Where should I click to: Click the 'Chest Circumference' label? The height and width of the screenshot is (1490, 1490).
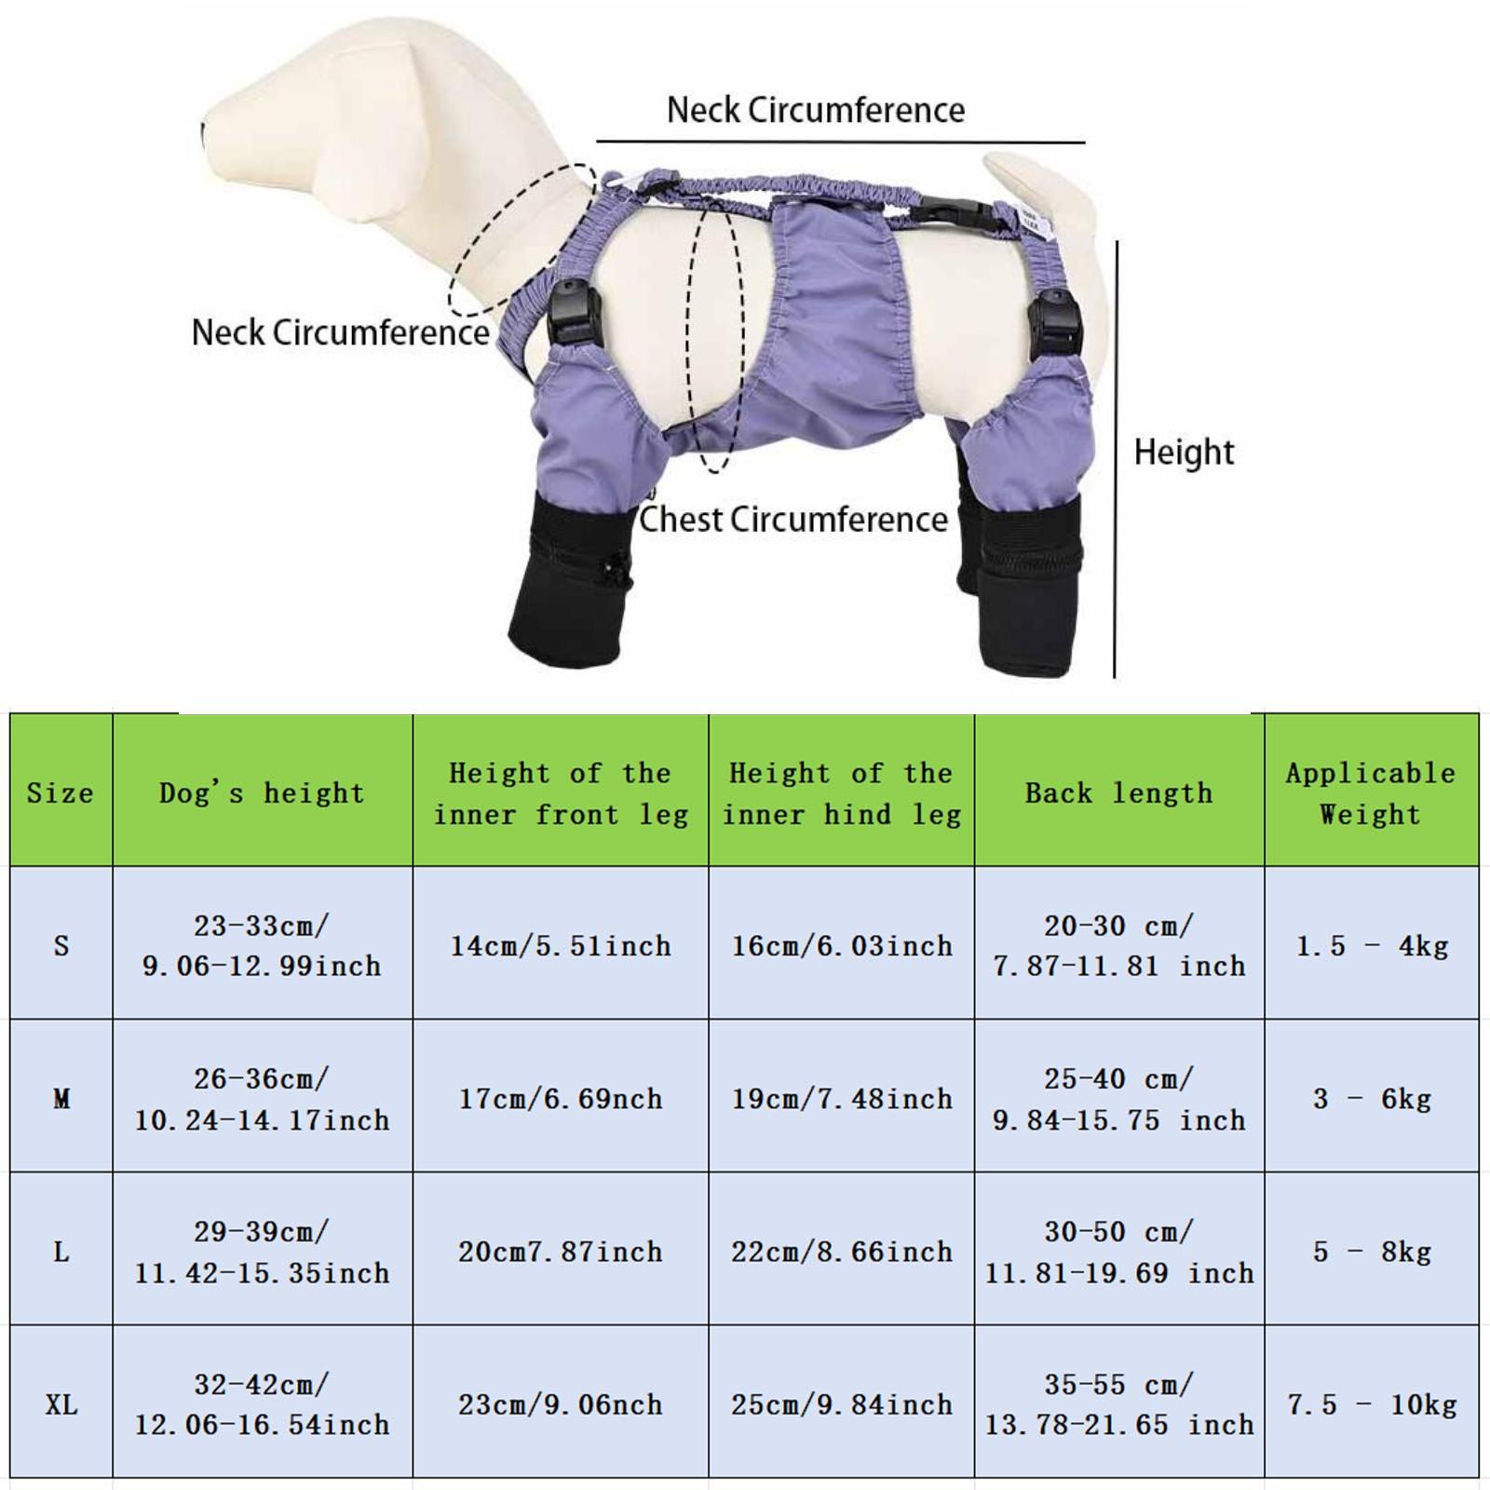(x=793, y=520)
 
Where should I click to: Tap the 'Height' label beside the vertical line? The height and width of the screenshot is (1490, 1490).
(x=1184, y=453)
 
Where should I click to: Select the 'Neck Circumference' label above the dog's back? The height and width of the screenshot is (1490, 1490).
(x=816, y=110)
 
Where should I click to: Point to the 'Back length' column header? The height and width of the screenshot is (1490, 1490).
(x=1119, y=793)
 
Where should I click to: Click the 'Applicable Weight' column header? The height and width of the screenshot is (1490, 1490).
(x=1371, y=793)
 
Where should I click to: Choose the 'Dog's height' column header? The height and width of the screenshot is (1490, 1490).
(x=262, y=793)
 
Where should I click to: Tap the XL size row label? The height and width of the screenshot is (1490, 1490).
(x=61, y=1404)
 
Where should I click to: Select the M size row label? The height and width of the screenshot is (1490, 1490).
(x=61, y=1099)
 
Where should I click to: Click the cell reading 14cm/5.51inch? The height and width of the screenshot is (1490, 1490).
(x=561, y=946)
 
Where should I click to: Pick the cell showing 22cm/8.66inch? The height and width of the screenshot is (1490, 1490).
(x=842, y=1252)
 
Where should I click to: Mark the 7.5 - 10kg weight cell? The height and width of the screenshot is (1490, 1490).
(x=1372, y=1404)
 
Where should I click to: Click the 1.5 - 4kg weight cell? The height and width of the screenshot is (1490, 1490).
(x=1372, y=946)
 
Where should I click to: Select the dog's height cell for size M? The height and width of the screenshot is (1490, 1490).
(x=262, y=1099)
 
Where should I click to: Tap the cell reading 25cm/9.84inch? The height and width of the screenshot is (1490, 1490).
(x=842, y=1404)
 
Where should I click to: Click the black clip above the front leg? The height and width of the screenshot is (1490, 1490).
(x=570, y=316)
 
